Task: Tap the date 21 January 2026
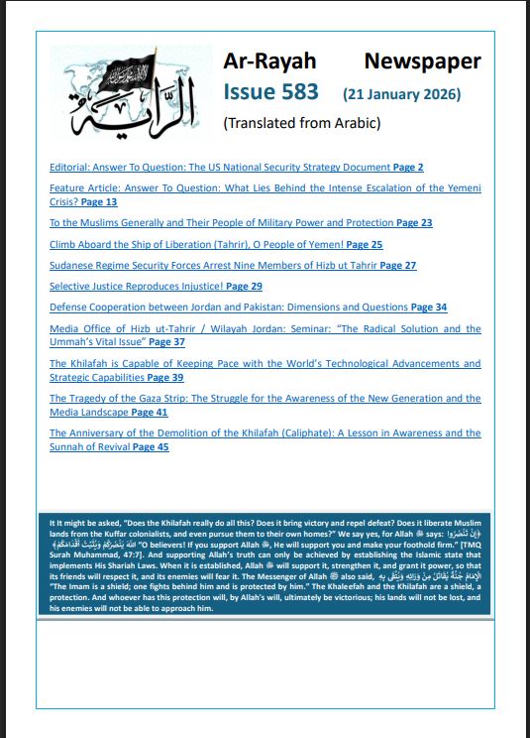coord(401,95)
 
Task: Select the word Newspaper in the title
coord(422,61)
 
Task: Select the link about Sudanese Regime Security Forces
coord(213,265)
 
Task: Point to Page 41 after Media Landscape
coord(149,412)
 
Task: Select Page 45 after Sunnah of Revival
coord(151,447)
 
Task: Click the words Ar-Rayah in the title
coord(265,61)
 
